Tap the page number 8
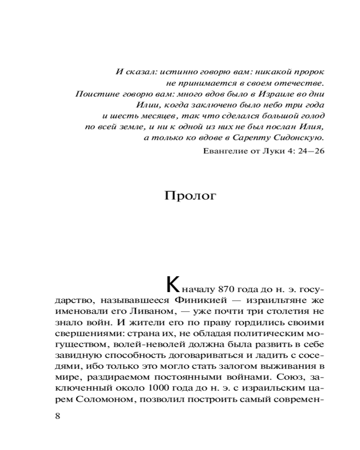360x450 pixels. [x=57, y=415]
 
